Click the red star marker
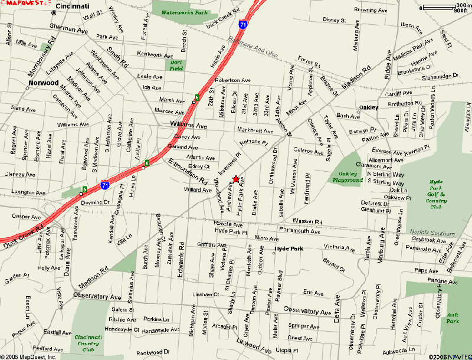tap(236, 179)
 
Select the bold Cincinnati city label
tap(73, 6)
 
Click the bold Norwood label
tap(44, 83)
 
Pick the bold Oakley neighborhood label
tap(369, 107)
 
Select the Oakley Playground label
tap(348, 177)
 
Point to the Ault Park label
tap(453, 318)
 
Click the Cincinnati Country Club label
tap(88, 343)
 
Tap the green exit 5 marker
tap(84, 189)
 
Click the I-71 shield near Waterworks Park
tap(243, 25)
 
